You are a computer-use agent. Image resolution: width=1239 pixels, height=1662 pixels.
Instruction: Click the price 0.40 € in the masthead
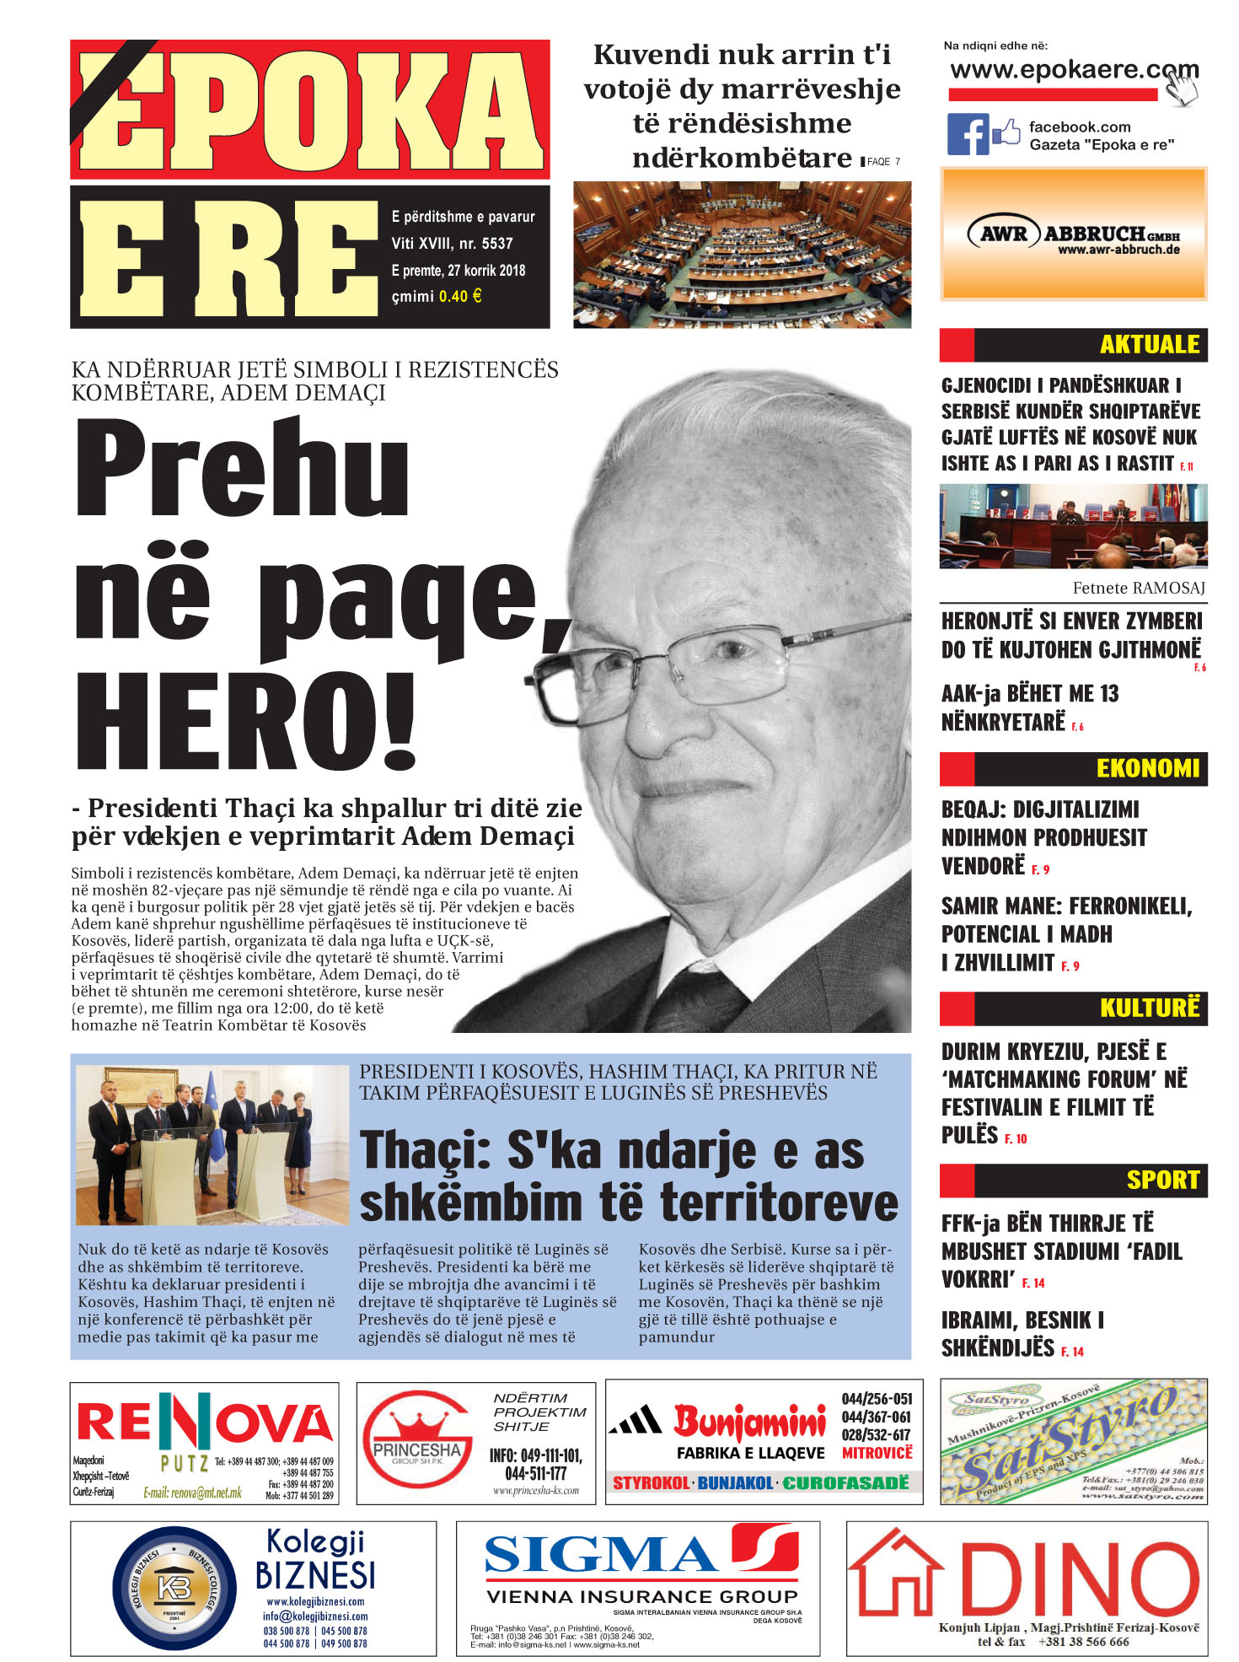pos(460,296)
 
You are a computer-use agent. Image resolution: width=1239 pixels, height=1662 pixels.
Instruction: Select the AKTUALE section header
pos(1149,345)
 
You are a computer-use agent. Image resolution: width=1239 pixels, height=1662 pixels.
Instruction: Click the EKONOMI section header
pos(1147,768)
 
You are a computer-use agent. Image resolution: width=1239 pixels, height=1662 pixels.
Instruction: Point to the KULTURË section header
pos(1149,1008)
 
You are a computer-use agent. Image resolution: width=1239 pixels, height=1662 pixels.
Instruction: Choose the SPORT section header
pos(1162,1180)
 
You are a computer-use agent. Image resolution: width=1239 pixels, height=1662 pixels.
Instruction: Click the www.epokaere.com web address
pos(1074,70)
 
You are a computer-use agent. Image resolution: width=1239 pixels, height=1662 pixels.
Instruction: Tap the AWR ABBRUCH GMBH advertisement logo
pos(1074,235)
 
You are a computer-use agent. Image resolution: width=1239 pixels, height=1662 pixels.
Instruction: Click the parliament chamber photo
pos(742,255)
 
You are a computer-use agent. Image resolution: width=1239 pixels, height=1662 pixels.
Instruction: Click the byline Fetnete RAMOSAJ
pos(1138,588)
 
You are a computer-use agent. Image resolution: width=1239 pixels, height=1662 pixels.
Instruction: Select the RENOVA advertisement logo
pos(205,1423)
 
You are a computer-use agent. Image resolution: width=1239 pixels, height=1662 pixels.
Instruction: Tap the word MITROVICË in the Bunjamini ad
pos(877,1453)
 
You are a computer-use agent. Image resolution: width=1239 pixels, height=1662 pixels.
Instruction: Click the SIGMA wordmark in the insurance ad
pos(600,1554)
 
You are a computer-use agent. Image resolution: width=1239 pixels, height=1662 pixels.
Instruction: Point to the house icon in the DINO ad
pos(895,1572)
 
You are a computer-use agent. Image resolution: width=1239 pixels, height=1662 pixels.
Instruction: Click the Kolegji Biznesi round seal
pos(174,1589)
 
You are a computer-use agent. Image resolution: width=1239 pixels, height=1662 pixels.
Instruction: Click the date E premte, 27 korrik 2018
pos(458,271)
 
